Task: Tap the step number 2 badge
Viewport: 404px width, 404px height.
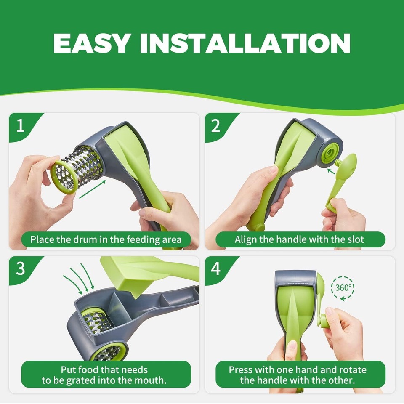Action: (x=216, y=126)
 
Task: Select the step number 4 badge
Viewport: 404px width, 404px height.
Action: (x=216, y=268)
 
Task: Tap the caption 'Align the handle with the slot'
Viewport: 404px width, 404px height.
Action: (x=300, y=240)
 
